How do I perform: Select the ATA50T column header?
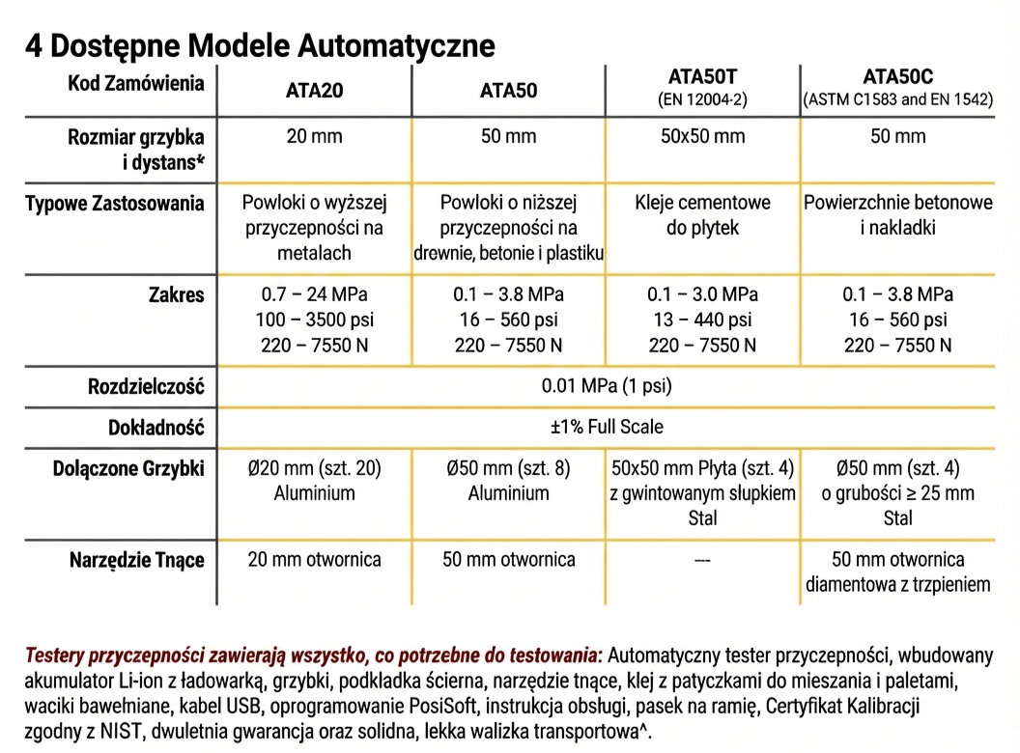(x=702, y=75)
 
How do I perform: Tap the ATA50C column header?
(x=897, y=75)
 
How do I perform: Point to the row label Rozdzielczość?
(x=146, y=387)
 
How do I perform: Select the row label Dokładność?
(x=157, y=427)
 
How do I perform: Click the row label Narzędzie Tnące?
(x=137, y=560)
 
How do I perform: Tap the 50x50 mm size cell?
(x=702, y=136)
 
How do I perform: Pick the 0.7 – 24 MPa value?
(x=314, y=294)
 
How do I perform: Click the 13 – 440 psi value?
(x=702, y=320)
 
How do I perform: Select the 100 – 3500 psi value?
(x=314, y=320)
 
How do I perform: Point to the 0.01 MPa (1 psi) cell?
(x=607, y=387)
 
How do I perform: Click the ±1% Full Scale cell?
(x=607, y=427)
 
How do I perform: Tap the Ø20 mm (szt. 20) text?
(x=314, y=468)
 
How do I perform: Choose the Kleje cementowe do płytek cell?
(x=702, y=215)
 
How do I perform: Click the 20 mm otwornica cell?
(x=314, y=560)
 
